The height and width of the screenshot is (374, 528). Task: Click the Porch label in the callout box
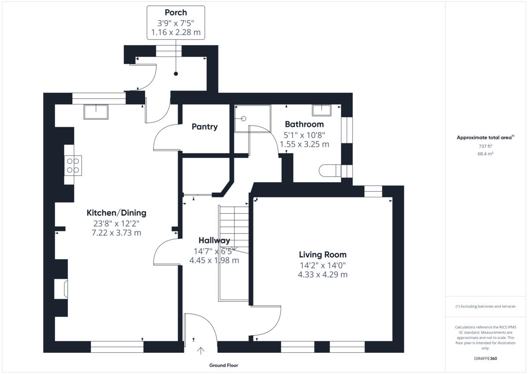point(176,12)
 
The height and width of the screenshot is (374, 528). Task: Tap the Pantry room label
point(205,127)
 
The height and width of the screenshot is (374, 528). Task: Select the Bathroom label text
point(304,124)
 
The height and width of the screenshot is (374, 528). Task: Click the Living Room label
point(323,255)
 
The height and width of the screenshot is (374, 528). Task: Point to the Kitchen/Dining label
point(116,213)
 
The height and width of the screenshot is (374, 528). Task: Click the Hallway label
point(214,241)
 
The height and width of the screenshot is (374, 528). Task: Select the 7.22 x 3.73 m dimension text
point(116,233)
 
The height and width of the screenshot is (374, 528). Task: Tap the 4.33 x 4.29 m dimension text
point(323,274)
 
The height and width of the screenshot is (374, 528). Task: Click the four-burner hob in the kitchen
point(73,166)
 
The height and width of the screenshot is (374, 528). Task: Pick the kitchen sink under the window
point(96,111)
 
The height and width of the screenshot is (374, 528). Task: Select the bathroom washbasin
point(323,110)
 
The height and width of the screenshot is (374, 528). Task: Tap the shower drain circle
point(243,118)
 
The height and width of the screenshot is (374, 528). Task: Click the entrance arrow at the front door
point(201,351)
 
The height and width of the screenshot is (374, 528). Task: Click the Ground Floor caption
point(224,365)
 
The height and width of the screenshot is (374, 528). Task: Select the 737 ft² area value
point(485,146)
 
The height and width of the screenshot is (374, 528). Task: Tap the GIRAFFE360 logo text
point(485,359)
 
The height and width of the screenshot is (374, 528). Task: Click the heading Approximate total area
point(484,137)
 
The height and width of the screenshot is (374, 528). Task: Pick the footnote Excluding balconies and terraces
point(485,306)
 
